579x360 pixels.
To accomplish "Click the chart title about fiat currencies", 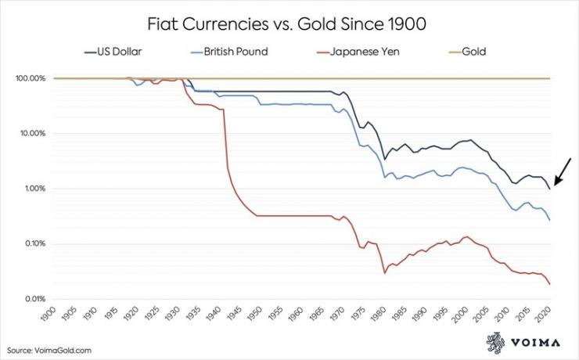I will (289, 24).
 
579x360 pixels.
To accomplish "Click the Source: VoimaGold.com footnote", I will (52, 349).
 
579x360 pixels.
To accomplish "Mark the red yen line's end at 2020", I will (549, 283).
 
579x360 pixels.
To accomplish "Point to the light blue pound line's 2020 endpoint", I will (549, 220).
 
